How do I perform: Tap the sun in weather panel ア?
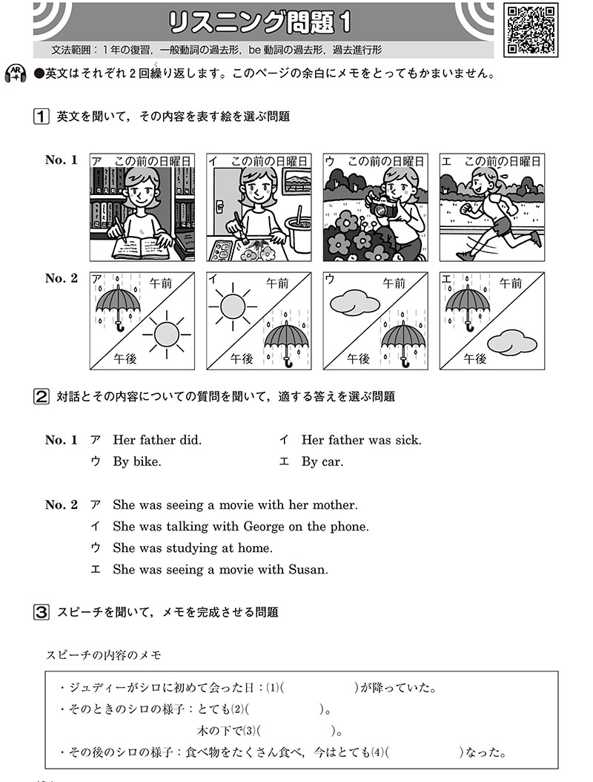pos(166,334)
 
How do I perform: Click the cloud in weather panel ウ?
pos(355,302)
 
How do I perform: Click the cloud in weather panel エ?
pos(511,343)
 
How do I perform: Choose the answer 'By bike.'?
pos(137,461)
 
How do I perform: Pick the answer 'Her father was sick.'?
pos(361,440)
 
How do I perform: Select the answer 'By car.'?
pos(322,461)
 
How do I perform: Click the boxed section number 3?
pos(41,612)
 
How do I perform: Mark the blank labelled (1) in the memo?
pos(319,689)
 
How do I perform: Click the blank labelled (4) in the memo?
pos(424,752)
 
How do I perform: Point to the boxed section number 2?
pos(41,396)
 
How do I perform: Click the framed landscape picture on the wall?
pos(297,182)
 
